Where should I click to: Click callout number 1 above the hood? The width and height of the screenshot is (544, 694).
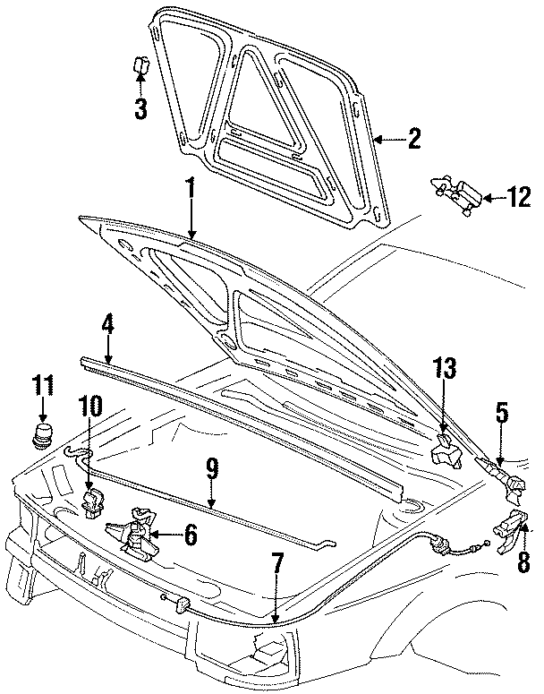pyautogui.click(x=190, y=191)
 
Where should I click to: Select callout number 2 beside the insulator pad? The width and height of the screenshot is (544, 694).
pyautogui.click(x=412, y=138)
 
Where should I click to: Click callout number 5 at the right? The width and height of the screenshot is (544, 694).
pyautogui.click(x=502, y=414)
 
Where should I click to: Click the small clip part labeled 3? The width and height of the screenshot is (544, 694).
pyautogui.click(x=140, y=66)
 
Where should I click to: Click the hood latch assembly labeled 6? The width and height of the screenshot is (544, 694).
pyautogui.click(x=134, y=535)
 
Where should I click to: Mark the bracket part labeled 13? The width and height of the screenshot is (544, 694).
pyautogui.click(x=444, y=453)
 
